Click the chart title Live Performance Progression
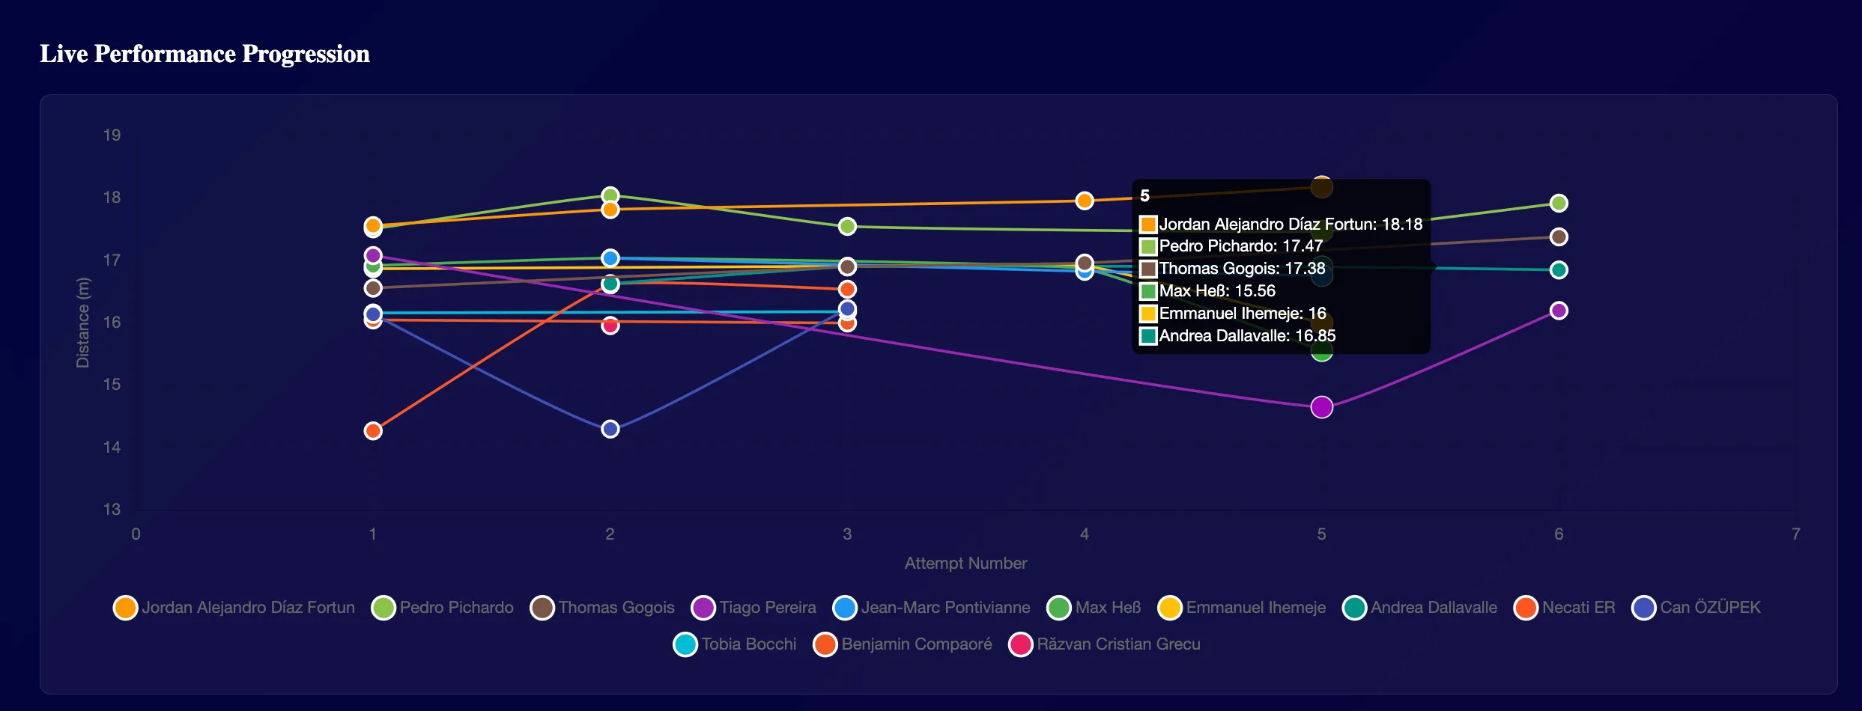(204, 54)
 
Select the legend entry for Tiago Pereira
(753, 608)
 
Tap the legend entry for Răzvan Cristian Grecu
(1105, 644)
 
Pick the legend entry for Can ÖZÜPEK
(1696, 608)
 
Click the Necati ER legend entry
(1565, 608)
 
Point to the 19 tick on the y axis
(112, 135)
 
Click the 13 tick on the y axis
(112, 510)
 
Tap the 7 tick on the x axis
(1796, 534)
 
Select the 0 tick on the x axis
(136, 534)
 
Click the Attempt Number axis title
(965, 564)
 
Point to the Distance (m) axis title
(82, 323)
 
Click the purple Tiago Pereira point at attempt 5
(1322, 407)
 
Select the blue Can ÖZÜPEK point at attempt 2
(610, 429)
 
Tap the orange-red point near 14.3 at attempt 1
(373, 431)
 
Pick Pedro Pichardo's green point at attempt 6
(1559, 203)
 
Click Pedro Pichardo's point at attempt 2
(610, 195)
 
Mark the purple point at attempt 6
(1559, 311)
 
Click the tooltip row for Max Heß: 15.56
(1217, 291)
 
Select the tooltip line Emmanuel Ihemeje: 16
(1242, 314)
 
